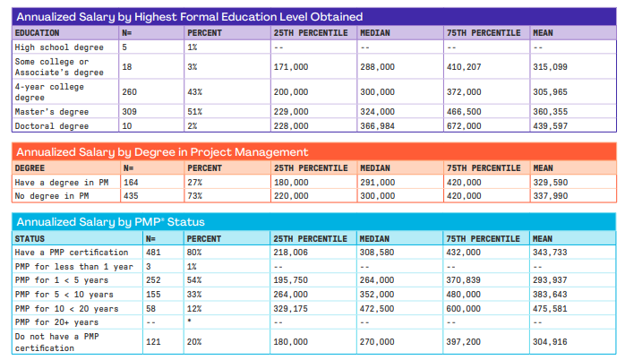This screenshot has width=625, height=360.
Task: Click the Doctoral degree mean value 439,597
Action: coord(550,126)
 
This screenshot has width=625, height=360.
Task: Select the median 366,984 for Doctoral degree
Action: coord(378,126)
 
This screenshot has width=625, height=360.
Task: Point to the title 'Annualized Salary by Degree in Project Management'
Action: coord(162,152)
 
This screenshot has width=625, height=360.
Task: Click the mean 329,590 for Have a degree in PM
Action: coord(550,182)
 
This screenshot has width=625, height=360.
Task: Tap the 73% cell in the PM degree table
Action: coord(195,195)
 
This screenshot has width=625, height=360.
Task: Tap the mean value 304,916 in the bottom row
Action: coord(550,341)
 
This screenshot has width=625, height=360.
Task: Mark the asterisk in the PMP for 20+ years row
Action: coord(190,320)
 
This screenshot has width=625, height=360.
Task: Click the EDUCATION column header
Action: coord(37,32)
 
